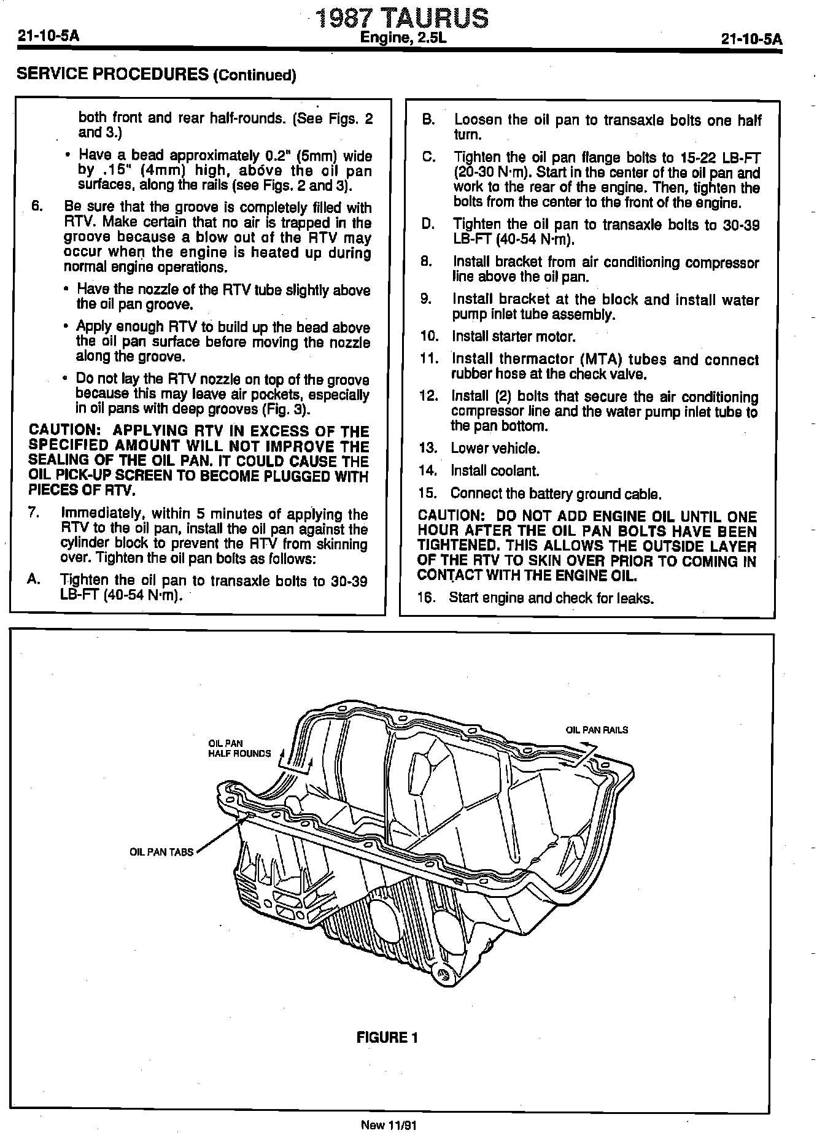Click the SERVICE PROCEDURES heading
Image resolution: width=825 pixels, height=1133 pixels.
157,75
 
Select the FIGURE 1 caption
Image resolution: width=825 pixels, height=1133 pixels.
387,1037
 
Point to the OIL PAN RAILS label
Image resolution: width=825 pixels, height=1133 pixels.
597,730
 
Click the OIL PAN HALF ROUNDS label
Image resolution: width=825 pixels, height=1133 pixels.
239,749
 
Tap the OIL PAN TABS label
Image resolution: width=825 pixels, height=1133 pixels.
161,852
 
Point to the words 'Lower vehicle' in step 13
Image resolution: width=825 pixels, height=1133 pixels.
495,448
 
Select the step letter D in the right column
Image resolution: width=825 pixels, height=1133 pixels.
428,225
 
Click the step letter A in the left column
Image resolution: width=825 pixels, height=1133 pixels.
34,579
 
